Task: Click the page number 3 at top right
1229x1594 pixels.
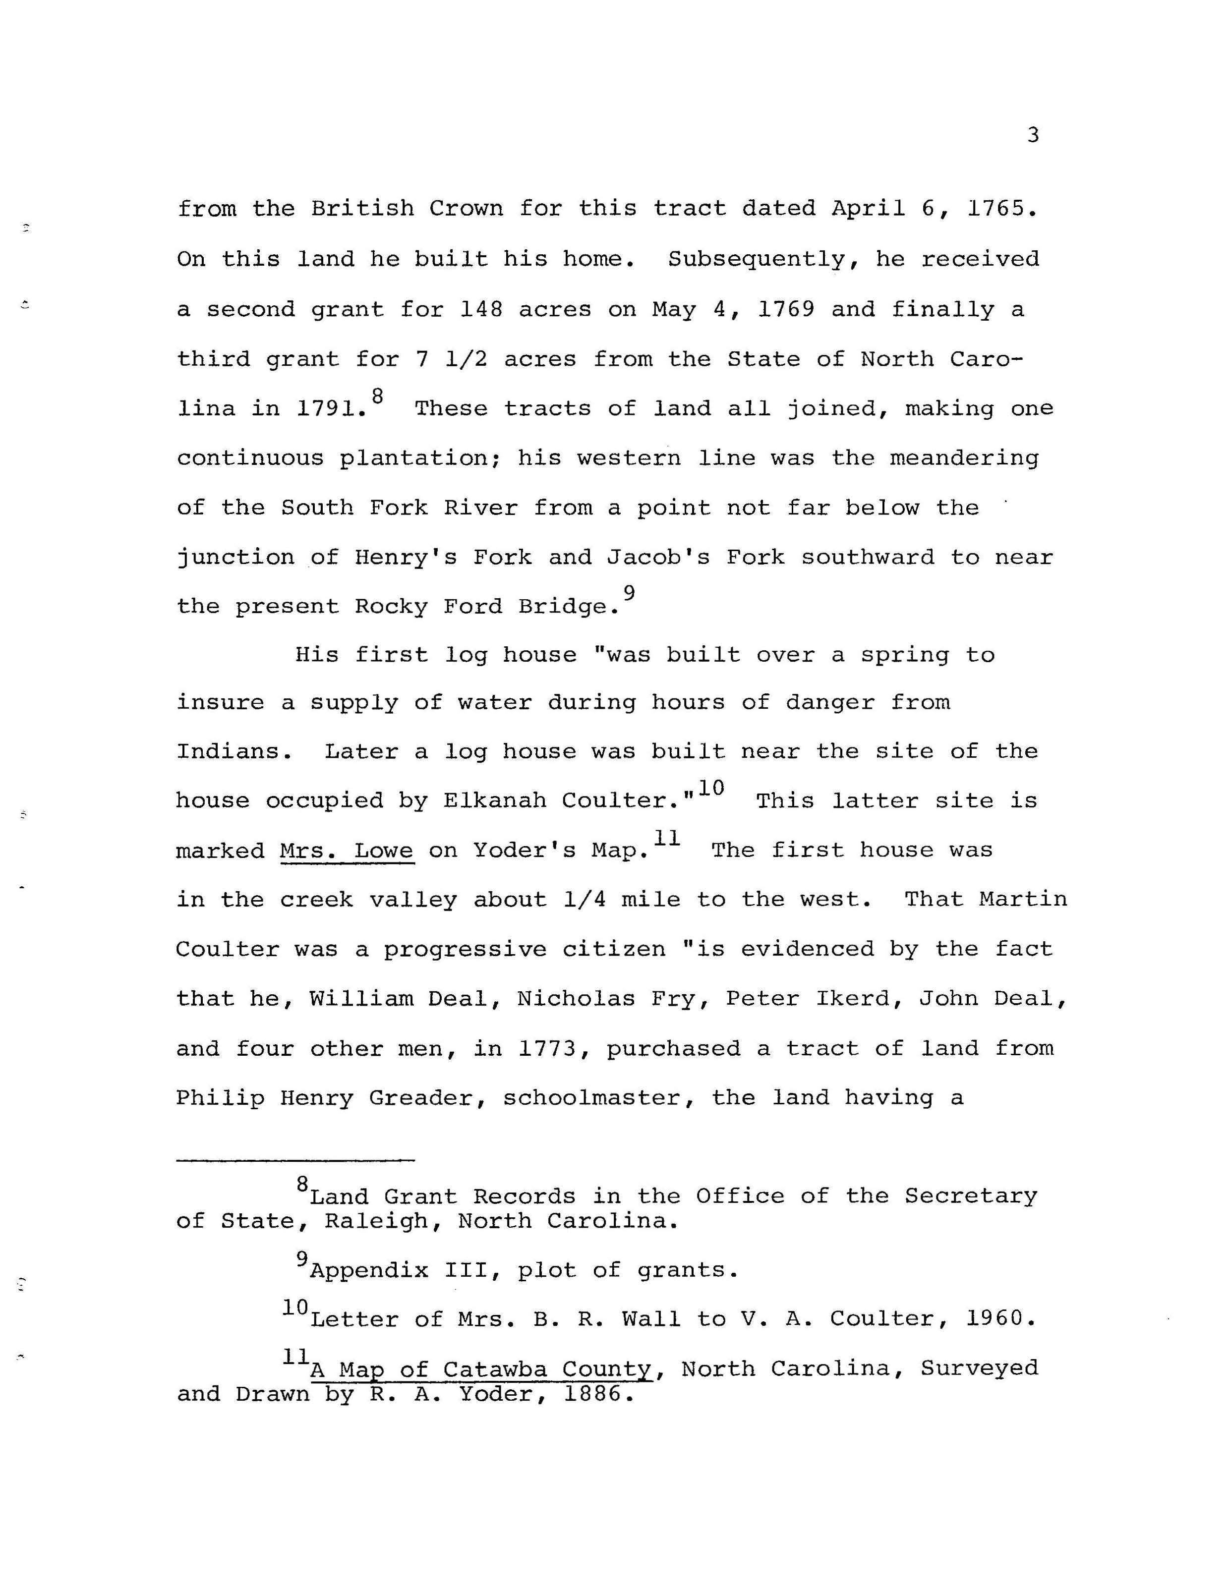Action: click(x=1032, y=135)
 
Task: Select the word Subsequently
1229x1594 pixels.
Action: click(x=759, y=260)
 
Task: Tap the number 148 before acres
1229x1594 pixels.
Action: click(x=481, y=309)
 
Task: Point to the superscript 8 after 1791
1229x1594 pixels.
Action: click(x=377, y=396)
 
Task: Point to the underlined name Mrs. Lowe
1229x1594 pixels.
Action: click(x=347, y=851)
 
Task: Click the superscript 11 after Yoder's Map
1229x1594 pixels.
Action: click(x=666, y=838)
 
